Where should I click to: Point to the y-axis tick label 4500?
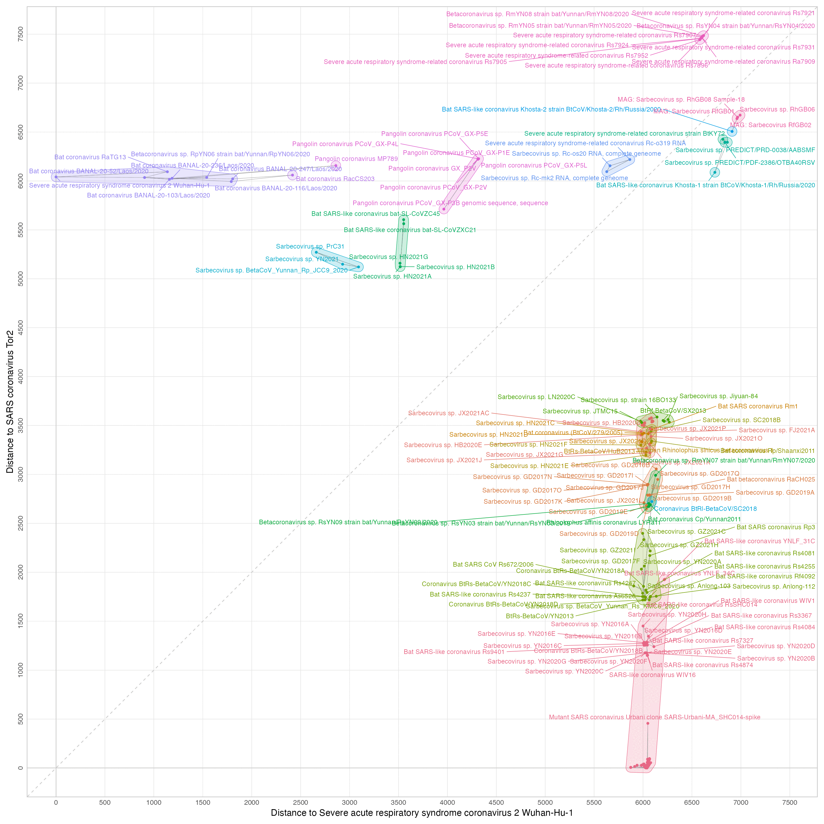tap(21, 328)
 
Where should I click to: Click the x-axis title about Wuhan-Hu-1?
tap(421, 813)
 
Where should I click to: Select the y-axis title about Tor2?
tap(9, 401)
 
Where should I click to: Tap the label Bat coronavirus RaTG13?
tap(90, 157)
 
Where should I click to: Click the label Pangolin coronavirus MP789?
tap(356, 159)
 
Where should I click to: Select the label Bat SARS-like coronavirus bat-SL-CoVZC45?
tap(375, 214)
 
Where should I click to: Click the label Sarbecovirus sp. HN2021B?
tap(455, 267)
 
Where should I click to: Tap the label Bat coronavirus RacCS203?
tap(335, 179)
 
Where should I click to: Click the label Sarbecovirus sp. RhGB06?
tap(777, 110)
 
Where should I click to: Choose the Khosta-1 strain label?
tap(705, 185)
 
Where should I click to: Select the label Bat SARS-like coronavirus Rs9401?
tap(454, 652)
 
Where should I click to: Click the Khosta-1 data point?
tap(715, 172)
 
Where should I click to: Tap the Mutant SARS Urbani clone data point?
tap(647, 723)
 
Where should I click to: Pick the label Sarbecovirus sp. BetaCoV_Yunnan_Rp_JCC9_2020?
tap(271, 270)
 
